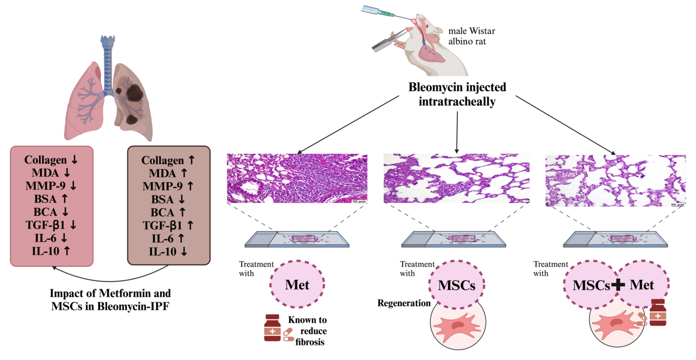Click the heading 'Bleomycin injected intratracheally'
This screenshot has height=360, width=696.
[x=457, y=94]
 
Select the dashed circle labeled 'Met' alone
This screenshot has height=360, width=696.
[x=297, y=283]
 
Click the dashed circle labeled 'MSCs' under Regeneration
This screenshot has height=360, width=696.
[x=457, y=284]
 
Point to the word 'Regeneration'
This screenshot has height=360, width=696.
[x=404, y=303]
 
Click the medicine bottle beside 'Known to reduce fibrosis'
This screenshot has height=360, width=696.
[x=272, y=328]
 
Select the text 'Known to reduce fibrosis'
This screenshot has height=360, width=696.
[x=308, y=331]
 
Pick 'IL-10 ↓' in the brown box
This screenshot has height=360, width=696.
[x=168, y=251]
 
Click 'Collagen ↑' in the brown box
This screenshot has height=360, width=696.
[x=168, y=160]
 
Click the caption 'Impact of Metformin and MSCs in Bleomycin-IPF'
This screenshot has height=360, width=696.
[x=110, y=299]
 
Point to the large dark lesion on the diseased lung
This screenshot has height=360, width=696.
[x=131, y=93]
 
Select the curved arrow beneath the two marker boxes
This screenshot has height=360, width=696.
[x=109, y=274]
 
